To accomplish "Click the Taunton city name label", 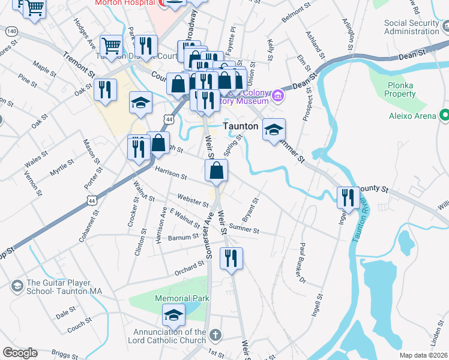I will [241, 127].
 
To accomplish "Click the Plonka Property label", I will [400, 90].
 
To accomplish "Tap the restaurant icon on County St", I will [348, 197].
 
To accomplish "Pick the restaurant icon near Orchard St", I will [231, 258].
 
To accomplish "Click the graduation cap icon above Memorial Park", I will [173, 314].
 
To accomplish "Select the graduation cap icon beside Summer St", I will [274, 130].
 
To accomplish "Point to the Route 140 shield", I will [11, 31].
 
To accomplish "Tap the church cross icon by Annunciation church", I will [215, 334].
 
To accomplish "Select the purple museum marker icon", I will [277, 96].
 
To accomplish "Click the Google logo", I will [20, 353].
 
